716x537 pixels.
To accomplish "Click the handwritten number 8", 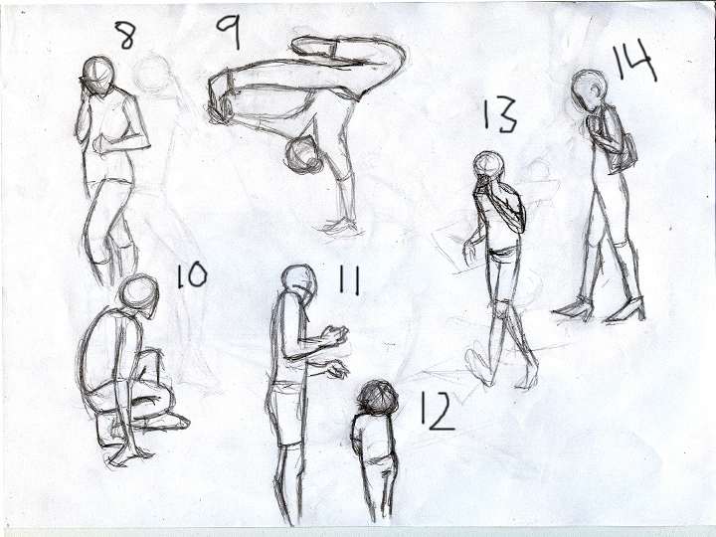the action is (x=124, y=35).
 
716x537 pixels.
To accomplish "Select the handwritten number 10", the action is (x=192, y=275).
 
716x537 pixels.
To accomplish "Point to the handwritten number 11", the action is (x=349, y=279).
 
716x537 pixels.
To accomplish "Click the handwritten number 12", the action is (x=437, y=411).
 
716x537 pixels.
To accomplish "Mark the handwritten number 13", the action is (x=500, y=114).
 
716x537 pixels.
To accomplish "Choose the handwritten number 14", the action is (x=633, y=61).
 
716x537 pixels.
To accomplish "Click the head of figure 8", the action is (x=98, y=76).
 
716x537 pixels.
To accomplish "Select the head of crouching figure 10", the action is (x=139, y=295).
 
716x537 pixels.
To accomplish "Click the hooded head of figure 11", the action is (x=299, y=284).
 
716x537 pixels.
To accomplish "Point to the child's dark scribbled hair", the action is (x=377, y=398).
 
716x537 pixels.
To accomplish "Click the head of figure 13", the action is (x=488, y=167).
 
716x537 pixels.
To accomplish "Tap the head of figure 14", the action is (x=589, y=90).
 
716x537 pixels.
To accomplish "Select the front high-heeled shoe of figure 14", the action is (x=626, y=310).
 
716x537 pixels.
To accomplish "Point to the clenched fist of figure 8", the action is (x=101, y=144).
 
